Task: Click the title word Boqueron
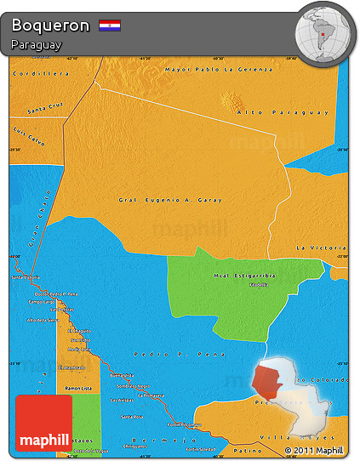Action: (x=50, y=26)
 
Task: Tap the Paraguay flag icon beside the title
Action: (x=109, y=26)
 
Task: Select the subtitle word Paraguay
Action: (x=37, y=44)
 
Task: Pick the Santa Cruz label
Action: (x=46, y=108)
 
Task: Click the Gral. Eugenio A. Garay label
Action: (x=169, y=200)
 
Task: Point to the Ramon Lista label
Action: (x=79, y=388)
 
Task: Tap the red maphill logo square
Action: (x=43, y=423)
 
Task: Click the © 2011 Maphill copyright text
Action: (x=314, y=450)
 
